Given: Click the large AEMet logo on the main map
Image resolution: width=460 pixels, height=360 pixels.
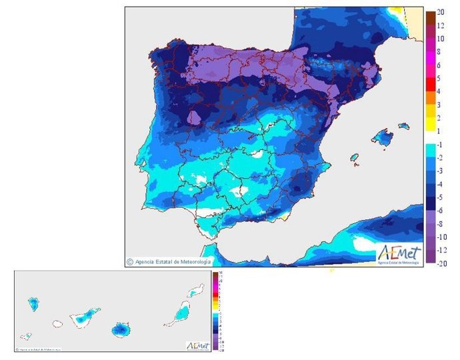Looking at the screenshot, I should [399, 254].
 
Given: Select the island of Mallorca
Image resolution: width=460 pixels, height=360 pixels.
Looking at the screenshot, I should [383, 138].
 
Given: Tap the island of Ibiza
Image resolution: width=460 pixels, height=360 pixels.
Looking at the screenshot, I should [355, 159].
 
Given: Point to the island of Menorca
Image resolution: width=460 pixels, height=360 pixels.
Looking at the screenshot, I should [403, 125].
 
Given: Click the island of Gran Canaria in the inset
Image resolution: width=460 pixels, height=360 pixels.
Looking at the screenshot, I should [121, 329].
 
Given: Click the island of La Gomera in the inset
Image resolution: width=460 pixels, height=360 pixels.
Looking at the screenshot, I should [57, 325].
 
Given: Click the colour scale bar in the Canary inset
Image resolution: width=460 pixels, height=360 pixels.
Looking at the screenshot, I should [215, 311].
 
